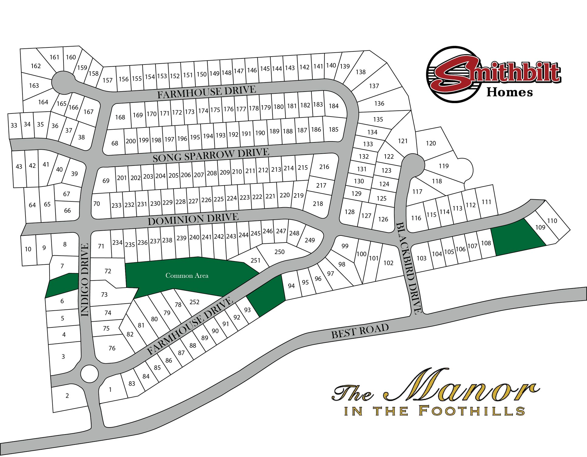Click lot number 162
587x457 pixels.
pos(36,66)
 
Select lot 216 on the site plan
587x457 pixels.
pos(324,167)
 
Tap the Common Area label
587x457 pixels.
pos(187,276)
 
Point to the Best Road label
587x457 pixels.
pos(360,331)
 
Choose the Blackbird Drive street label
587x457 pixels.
pos(409,268)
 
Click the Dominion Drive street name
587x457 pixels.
pos(193,219)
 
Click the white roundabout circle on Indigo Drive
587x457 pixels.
pos(89,374)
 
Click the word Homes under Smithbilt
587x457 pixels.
pos(510,92)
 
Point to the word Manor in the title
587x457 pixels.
pos(462,386)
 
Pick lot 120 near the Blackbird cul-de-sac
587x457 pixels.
pos(431,143)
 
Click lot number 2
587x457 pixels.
pos(67,396)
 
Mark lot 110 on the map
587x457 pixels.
pos(552,221)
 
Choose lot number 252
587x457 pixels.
pos(194,302)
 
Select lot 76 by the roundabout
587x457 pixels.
pos(112,348)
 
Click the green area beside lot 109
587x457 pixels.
pos(517,237)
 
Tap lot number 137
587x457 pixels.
pos(374,86)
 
